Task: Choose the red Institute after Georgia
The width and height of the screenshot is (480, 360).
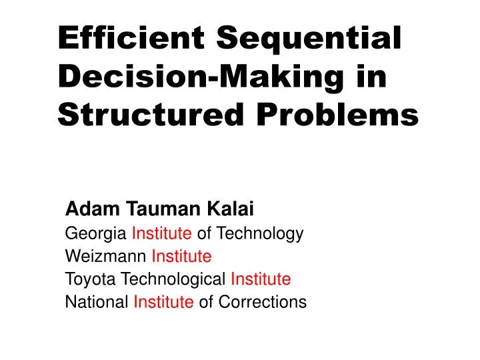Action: (163, 233)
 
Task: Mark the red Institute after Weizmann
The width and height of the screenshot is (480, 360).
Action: (182, 256)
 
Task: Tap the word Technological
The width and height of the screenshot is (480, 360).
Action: (176, 279)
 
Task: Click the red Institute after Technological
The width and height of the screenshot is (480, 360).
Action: (261, 279)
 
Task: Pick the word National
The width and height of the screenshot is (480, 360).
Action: (97, 302)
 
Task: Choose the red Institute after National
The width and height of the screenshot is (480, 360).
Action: (164, 302)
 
